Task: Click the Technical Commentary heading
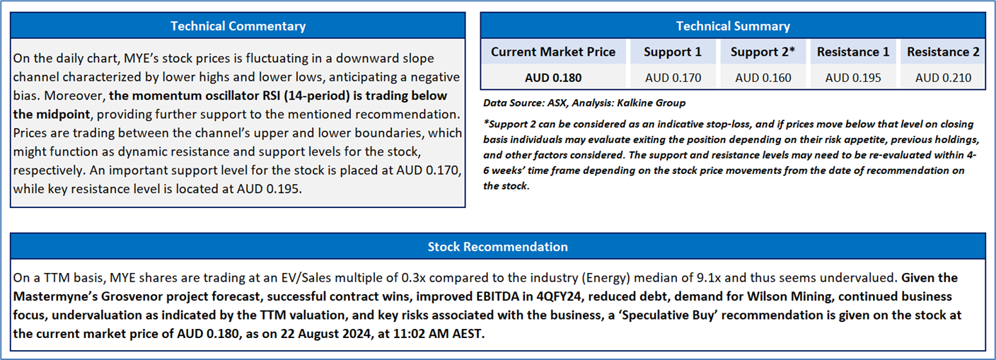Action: [x=238, y=25]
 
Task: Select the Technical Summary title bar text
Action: [x=733, y=25]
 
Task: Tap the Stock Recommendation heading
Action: [x=497, y=247]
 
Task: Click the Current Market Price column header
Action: [x=553, y=52]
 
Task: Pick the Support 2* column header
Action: [x=763, y=52]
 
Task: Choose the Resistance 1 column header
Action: [x=853, y=52]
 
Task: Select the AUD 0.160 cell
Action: [x=763, y=78]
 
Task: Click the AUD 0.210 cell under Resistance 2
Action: [x=943, y=78]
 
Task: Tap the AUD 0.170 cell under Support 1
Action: [x=673, y=78]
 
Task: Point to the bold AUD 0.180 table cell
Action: [x=553, y=78]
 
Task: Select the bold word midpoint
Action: [x=63, y=114]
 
